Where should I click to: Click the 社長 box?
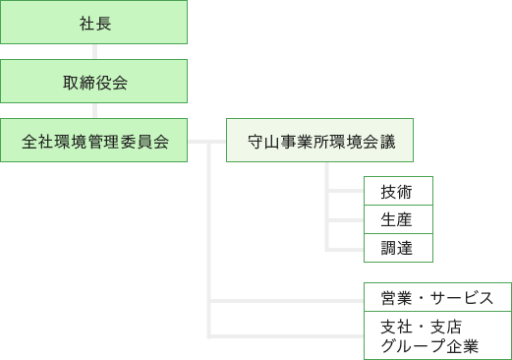pyautogui.click(x=93, y=23)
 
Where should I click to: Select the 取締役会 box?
pyautogui.click(x=93, y=82)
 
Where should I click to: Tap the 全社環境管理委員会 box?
pyautogui.click(x=93, y=141)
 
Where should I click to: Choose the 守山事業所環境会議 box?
pyautogui.click(x=319, y=141)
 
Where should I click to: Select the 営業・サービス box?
pyautogui.click(x=437, y=297)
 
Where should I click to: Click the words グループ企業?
pyautogui.click(x=428, y=345)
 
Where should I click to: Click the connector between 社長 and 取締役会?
pyautogui.click(x=93, y=52)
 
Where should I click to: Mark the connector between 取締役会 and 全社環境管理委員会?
pyautogui.click(x=93, y=111)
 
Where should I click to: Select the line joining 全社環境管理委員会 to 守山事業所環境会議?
pyautogui.click(x=206, y=141)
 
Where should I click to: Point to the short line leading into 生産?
pyautogui.click(x=346, y=219)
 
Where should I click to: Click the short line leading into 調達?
pyautogui.click(x=346, y=248)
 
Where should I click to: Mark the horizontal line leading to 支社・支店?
pyautogui.click(x=285, y=334)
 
